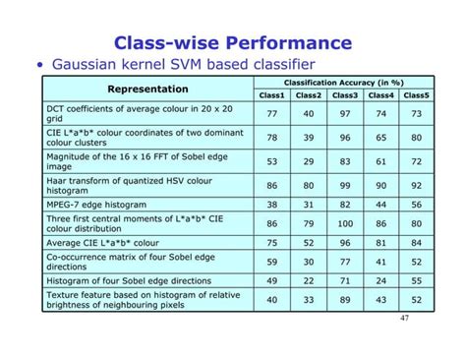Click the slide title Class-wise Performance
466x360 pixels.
click(233, 43)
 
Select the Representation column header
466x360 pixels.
click(147, 89)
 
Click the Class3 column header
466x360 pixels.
click(345, 95)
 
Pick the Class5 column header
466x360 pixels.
click(416, 95)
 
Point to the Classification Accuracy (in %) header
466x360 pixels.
click(344, 83)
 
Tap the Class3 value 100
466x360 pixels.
click(345, 223)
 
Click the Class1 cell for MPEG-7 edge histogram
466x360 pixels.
click(272, 204)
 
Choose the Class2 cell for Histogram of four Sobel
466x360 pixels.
click(309, 280)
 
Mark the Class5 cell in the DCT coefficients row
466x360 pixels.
click(416, 114)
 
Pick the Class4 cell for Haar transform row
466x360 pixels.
click(380, 184)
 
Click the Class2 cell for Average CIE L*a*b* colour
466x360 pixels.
click(309, 242)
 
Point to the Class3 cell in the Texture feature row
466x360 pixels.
click(345, 300)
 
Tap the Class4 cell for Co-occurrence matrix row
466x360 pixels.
click(380, 262)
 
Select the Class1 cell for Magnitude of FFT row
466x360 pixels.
click(272, 160)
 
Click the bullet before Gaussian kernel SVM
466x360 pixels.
click(40, 67)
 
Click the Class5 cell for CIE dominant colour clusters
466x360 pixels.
click(416, 138)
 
